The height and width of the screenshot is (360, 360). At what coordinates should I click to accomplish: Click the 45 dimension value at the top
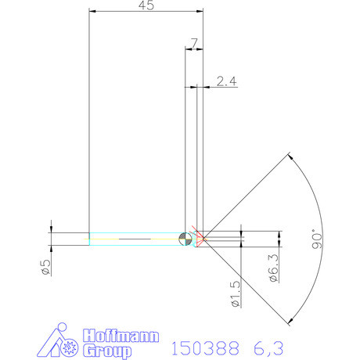tap(146, 5)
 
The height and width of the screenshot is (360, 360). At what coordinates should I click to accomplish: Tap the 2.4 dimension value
tap(226, 80)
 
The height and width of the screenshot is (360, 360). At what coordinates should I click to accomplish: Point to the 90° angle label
tap(316, 238)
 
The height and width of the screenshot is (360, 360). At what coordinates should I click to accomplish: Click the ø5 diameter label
tap(45, 268)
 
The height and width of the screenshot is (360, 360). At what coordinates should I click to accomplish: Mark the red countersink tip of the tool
tap(200, 238)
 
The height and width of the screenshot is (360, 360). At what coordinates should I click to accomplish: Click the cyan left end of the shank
tap(90, 239)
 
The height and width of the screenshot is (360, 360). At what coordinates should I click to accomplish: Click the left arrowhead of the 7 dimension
tap(187, 48)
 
